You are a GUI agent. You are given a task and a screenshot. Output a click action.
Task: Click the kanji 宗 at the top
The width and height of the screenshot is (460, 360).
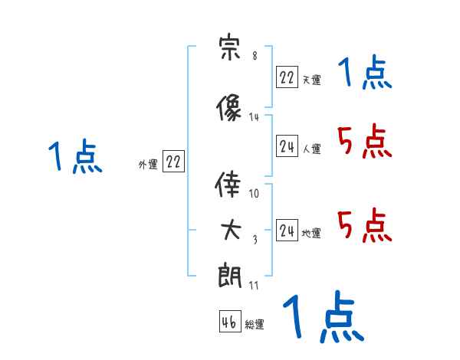point(231,49)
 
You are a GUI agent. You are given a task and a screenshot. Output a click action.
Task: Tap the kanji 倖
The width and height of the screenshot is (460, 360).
point(231,186)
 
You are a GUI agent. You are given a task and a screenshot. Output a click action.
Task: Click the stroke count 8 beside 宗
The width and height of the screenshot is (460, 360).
point(254,56)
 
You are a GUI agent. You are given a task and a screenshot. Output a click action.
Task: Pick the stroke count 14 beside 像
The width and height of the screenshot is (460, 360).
point(255,117)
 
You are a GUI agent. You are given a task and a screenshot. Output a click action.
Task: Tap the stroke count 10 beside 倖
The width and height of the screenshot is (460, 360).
point(255,194)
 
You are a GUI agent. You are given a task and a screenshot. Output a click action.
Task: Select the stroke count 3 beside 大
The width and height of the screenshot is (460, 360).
point(255,240)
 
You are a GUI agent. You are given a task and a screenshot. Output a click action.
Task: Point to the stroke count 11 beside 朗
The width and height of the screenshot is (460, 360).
point(255,286)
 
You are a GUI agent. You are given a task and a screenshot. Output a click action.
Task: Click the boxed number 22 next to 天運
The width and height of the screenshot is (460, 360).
point(287,77)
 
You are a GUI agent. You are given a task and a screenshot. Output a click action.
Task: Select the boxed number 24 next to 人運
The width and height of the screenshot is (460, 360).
point(287,146)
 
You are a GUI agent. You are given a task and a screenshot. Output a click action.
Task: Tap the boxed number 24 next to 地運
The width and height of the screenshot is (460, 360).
point(287,231)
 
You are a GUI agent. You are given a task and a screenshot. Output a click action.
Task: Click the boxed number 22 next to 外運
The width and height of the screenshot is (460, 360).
point(173,162)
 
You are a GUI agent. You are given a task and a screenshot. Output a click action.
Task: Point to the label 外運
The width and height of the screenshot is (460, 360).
point(148,164)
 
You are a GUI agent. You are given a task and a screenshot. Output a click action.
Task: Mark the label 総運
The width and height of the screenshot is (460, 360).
point(255,325)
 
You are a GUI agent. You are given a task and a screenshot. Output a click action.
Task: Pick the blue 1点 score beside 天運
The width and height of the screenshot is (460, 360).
point(364,74)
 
